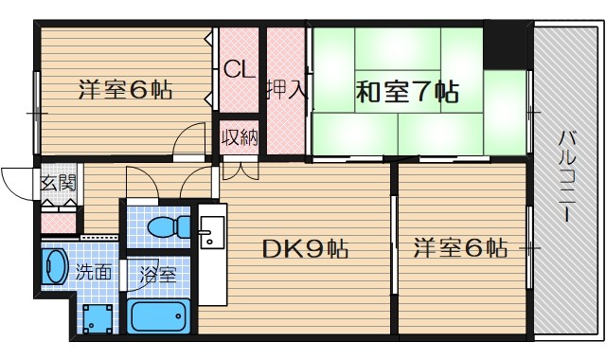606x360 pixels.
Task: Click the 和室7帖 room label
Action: (x=407, y=92)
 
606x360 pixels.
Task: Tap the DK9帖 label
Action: (x=305, y=249)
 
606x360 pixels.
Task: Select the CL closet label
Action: (x=238, y=69)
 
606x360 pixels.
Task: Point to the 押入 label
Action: (x=285, y=90)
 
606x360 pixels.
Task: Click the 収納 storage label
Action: (x=240, y=137)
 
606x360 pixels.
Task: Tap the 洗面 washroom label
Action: (x=96, y=273)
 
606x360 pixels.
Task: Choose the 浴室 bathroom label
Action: (x=157, y=276)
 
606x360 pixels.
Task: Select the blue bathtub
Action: (x=160, y=315)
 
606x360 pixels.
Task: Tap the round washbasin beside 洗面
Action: (x=55, y=266)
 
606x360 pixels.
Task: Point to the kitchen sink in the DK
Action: (x=211, y=231)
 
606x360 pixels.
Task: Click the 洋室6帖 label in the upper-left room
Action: (x=124, y=92)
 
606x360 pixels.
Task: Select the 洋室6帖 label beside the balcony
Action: (x=460, y=249)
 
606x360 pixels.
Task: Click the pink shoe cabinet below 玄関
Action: (x=59, y=224)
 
